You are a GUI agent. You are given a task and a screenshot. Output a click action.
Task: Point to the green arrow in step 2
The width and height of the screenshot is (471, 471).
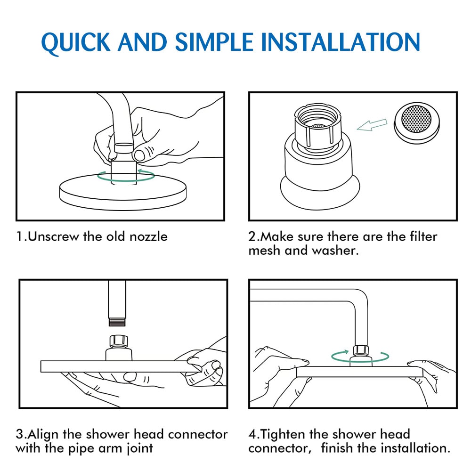[x=372, y=125]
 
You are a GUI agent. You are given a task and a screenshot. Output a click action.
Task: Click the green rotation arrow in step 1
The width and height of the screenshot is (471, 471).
[x=126, y=176]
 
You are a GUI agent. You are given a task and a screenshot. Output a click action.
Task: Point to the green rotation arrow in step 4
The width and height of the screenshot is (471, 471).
[x=360, y=357]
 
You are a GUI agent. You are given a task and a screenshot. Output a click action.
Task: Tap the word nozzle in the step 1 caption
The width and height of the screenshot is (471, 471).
[x=148, y=237]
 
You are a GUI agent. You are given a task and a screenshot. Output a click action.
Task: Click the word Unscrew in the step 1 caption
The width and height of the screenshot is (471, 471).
[x=54, y=237]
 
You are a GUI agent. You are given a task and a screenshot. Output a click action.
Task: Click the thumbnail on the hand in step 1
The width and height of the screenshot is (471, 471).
[x=139, y=155]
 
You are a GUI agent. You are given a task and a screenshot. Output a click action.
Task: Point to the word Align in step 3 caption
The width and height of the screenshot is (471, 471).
[x=43, y=434]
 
